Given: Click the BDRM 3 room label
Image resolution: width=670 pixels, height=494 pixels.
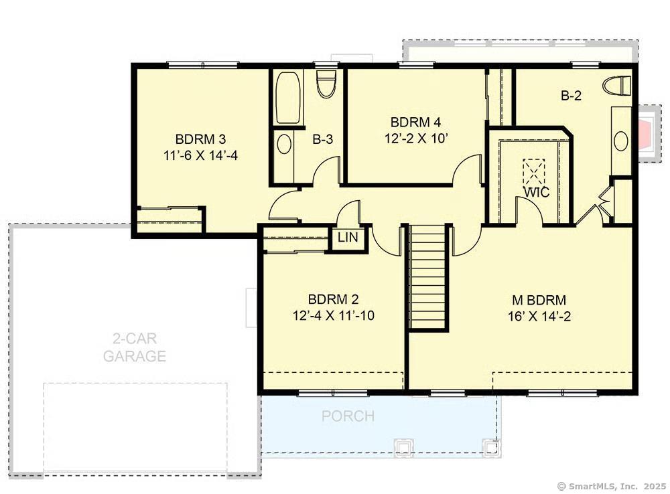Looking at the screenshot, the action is coord(200,139).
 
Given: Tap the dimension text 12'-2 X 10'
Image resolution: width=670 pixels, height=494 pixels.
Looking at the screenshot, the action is coord(416,139).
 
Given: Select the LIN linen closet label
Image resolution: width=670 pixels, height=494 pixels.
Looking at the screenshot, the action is coord(348,238).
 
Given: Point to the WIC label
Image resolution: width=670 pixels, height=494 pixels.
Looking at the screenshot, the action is coord(537,193).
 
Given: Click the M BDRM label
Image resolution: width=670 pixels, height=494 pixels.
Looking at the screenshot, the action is coord(539,300).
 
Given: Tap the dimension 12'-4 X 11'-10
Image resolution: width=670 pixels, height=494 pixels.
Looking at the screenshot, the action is coord(333,315).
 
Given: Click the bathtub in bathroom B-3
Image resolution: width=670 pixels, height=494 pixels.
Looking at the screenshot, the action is coord(287,98).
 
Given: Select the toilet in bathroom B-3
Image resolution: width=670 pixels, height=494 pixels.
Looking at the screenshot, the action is coord(327,84).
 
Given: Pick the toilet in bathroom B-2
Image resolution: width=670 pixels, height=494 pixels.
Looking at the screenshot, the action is coord(617,86).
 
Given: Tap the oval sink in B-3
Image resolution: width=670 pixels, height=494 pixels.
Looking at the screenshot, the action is coord(284,145).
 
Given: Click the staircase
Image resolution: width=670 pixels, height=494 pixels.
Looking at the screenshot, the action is coord(428,276).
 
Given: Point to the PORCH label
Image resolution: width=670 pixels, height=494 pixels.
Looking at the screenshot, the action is coord(348,416).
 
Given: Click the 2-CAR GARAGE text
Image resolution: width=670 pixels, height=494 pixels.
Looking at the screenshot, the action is coord(135,347).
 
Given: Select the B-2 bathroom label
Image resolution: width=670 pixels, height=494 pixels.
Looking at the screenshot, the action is coord(571,96).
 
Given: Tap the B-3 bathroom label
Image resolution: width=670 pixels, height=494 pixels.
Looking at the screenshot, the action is coord(323,139).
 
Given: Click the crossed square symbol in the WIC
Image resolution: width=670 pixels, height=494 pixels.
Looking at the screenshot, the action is coord(534,171).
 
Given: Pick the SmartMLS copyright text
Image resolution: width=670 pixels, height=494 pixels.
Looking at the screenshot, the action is coord(612,486).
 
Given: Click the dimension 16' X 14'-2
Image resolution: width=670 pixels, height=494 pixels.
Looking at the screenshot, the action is coord(539,317).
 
